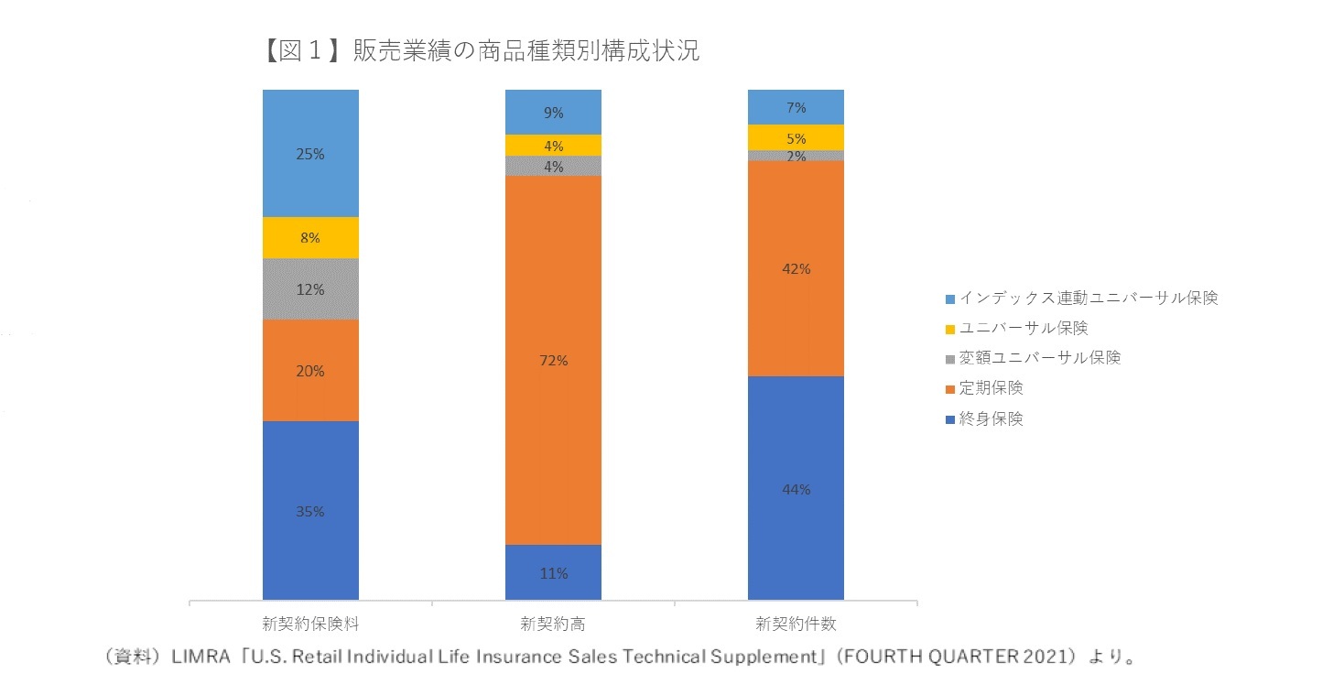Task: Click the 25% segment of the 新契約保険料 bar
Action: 310,154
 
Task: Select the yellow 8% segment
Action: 310,238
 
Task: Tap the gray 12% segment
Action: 310,289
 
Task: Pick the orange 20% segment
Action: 310,371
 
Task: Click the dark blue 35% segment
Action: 310,512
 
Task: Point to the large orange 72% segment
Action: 553,361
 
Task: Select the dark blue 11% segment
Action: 553,573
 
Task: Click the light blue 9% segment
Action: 553,113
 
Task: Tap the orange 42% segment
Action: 796,269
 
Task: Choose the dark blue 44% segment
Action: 796,489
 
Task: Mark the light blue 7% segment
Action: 796,107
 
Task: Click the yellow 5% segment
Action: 796,138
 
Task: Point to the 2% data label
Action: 796,157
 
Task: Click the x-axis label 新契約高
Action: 553,625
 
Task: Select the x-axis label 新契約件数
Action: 796,625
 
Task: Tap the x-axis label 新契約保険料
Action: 310,625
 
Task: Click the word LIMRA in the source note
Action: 197,657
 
